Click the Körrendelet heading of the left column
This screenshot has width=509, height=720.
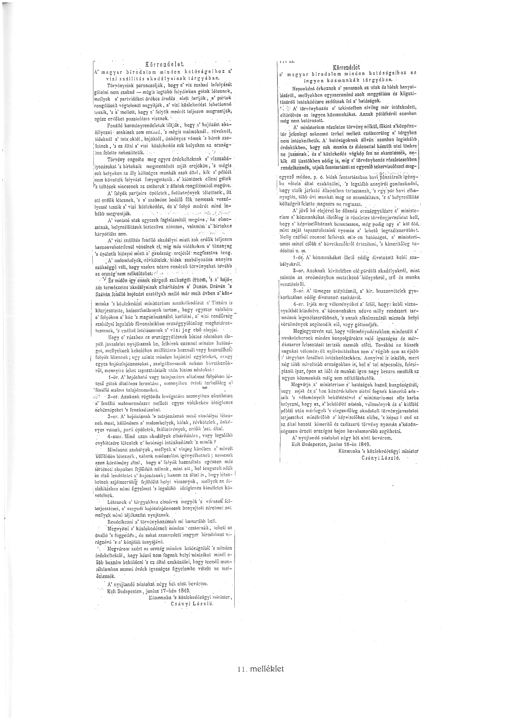[160, 64]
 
